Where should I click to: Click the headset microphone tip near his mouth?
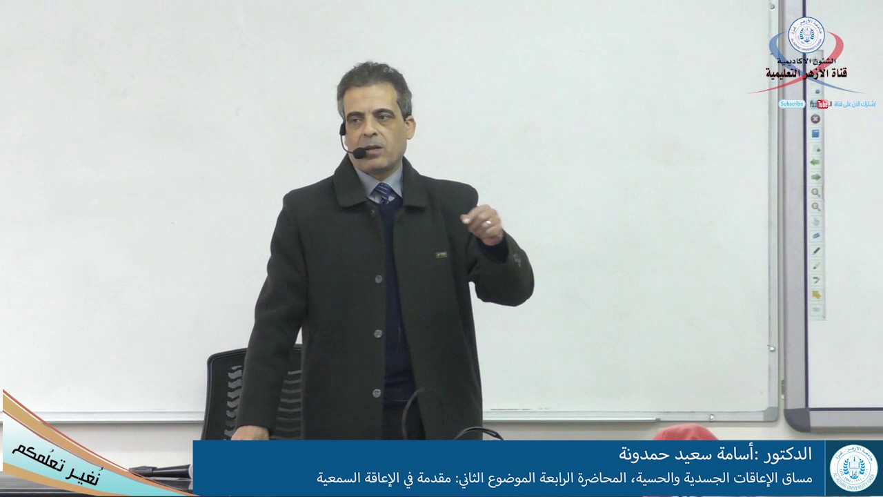click(359, 153)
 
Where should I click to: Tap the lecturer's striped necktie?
click(384, 193)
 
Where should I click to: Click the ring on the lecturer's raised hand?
click(488, 223)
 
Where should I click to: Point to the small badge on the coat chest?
click(441, 255)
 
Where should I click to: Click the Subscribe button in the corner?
click(792, 104)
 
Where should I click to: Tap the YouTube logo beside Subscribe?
click(820, 104)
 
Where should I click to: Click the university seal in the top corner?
click(806, 35)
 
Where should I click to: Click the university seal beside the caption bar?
click(854, 468)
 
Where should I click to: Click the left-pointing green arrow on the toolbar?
click(816, 162)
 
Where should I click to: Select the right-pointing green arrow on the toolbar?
click(816, 177)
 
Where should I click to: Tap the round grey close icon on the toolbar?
click(815, 119)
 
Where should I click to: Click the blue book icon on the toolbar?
click(815, 133)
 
